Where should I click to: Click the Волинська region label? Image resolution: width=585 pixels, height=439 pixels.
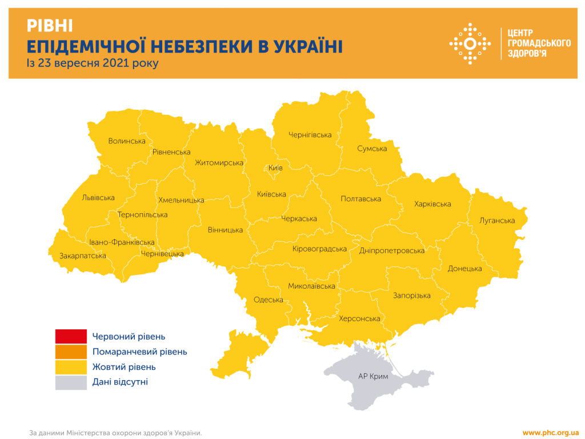pyautogui.click(x=127, y=141)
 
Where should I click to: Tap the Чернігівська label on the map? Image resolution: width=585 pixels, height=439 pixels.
pyautogui.click(x=310, y=135)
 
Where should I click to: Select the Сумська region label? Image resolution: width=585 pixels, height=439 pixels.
pyautogui.click(x=372, y=149)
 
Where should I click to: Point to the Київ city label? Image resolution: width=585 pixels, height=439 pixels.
pyautogui.click(x=275, y=168)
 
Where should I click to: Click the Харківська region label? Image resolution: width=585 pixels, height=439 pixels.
pyautogui.click(x=432, y=204)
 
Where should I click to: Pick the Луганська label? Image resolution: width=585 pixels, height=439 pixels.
pyautogui.click(x=497, y=221)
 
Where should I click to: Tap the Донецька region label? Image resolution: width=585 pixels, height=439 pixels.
pyautogui.click(x=464, y=269)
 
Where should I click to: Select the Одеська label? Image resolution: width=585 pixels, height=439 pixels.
pyautogui.click(x=269, y=300)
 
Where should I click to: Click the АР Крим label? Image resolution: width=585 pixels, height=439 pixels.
pyautogui.click(x=373, y=376)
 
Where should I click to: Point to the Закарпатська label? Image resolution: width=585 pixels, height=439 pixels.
pyautogui.click(x=83, y=256)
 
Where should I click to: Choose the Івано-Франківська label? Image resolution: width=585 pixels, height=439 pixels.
pyautogui.click(x=122, y=242)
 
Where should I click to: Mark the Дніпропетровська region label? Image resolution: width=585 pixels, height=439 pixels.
pyautogui.click(x=392, y=250)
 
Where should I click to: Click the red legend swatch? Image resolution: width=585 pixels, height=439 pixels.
pyautogui.click(x=71, y=337)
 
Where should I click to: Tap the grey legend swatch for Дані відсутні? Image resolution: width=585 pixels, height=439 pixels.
pyautogui.click(x=71, y=382)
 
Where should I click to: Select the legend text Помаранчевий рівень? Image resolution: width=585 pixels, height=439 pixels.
pyautogui.click(x=139, y=352)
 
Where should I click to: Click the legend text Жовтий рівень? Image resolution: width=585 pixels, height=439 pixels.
pyautogui.click(x=124, y=367)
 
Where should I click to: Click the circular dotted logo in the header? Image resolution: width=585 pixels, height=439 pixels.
pyautogui.click(x=470, y=43)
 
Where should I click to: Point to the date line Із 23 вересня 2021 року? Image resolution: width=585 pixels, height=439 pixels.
pyautogui.click(x=92, y=63)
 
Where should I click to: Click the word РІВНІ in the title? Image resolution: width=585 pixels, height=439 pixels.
pyautogui.click(x=50, y=26)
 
